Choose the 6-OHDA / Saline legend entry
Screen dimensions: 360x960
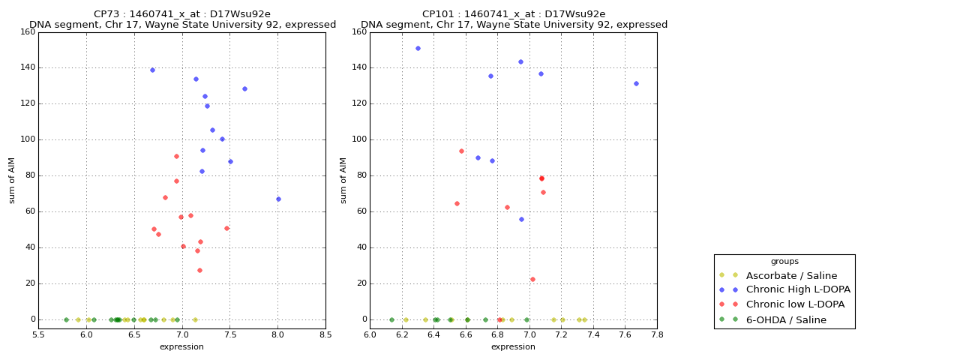coord(786,320)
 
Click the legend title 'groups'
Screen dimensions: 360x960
coord(784,262)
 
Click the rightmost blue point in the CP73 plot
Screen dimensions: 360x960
coord(278,199)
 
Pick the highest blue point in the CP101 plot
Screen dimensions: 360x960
coord(418,48)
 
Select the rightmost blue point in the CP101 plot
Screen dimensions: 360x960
coord(636,83)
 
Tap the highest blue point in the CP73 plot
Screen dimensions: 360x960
coord(152,70)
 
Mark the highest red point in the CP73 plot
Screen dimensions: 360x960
coord(176,156)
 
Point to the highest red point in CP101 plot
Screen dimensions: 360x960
coord(461,151)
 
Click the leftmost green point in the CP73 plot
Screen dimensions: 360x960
coord(66,319)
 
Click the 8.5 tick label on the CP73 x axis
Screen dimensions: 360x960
coord(325,334)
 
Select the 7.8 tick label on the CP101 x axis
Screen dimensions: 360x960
coord(657,334)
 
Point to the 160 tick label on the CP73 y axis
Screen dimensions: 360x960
coord(27,31)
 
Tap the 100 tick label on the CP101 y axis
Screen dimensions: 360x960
coord(358,139)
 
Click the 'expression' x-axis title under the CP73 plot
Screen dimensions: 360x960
coord(181,346)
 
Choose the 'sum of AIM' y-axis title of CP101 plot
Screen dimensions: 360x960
coord(343,180)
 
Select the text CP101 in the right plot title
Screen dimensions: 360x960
coord(438,14)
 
